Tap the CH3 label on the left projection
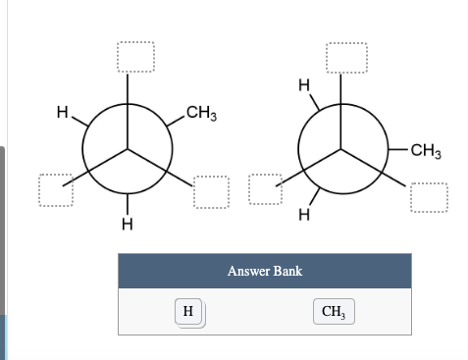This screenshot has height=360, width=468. (199, 115)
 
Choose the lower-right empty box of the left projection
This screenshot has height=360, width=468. (211, 191)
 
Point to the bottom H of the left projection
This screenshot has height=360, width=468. (126, 225)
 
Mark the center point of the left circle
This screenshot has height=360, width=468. (126, 149)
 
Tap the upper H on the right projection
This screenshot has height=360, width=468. (305, 86)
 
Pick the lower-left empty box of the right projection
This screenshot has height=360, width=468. (265, 190)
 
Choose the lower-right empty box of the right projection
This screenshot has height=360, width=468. (429, 197)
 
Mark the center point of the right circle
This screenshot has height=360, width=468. (341, 149)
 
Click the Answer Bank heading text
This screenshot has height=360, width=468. (264, 271)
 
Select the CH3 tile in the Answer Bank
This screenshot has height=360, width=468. (334, 312)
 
